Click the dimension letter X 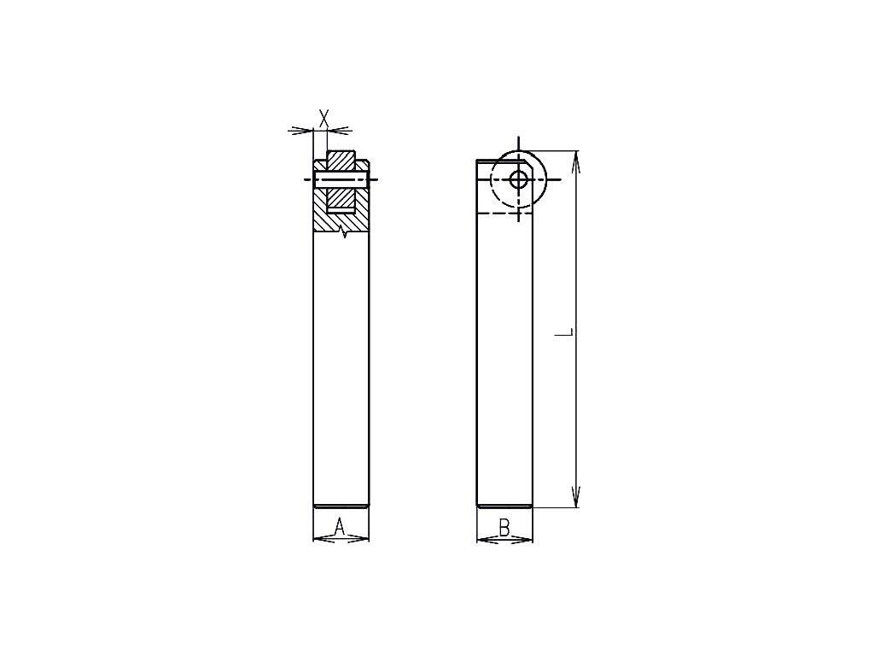(x=323, y=118)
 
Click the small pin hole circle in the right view (x=519, y=179)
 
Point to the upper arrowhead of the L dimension (x=576, y=161)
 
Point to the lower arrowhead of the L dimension (x=576, y=496)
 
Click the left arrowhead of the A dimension (x=324, y=538)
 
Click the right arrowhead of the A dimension (x=358, y=538)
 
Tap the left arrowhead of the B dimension (x=488, y=540)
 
